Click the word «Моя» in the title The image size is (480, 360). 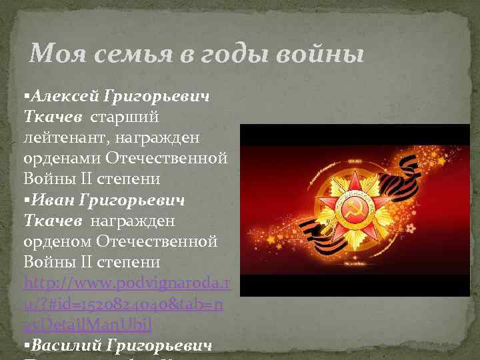tap(55, 53)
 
